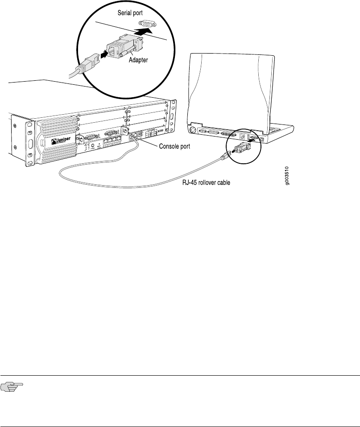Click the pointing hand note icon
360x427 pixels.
pos(10,389)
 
